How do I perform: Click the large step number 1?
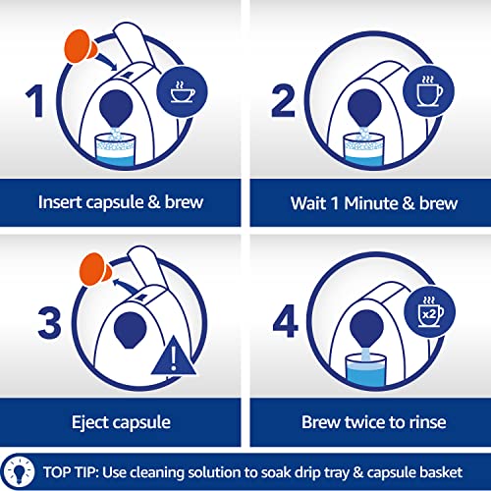tap(35, 100)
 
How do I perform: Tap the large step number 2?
tap(284, 100)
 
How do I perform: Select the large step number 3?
tap(49, 323)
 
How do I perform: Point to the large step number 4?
tap(286, 321)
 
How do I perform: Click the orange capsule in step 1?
tap(81, 46)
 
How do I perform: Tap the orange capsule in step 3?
tap(95, 269)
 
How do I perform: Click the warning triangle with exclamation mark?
tap(174, 355)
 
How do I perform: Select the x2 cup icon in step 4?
tap(429, 311)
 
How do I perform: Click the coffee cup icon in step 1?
tap(183, 91)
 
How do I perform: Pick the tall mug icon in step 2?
tap(428, 91)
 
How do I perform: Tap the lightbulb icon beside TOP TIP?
tap(21, 471)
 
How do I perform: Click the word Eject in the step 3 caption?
tap(89, 422)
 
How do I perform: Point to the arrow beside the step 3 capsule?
tap(126, 286)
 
